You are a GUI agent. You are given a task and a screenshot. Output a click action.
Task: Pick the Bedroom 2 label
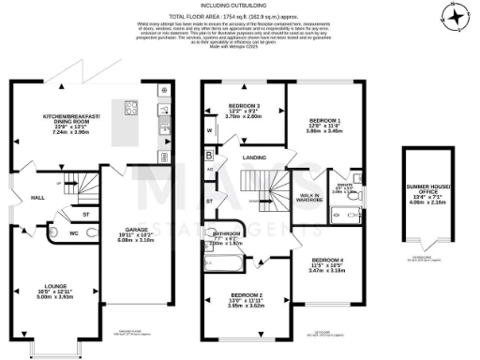[x=246, y=305]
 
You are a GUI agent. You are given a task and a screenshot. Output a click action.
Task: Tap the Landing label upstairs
[x=252, y=157]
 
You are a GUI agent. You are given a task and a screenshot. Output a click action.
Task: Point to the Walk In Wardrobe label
[x=309, y=198]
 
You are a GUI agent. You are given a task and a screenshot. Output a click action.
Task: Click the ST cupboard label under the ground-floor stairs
[x=85, y=214]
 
